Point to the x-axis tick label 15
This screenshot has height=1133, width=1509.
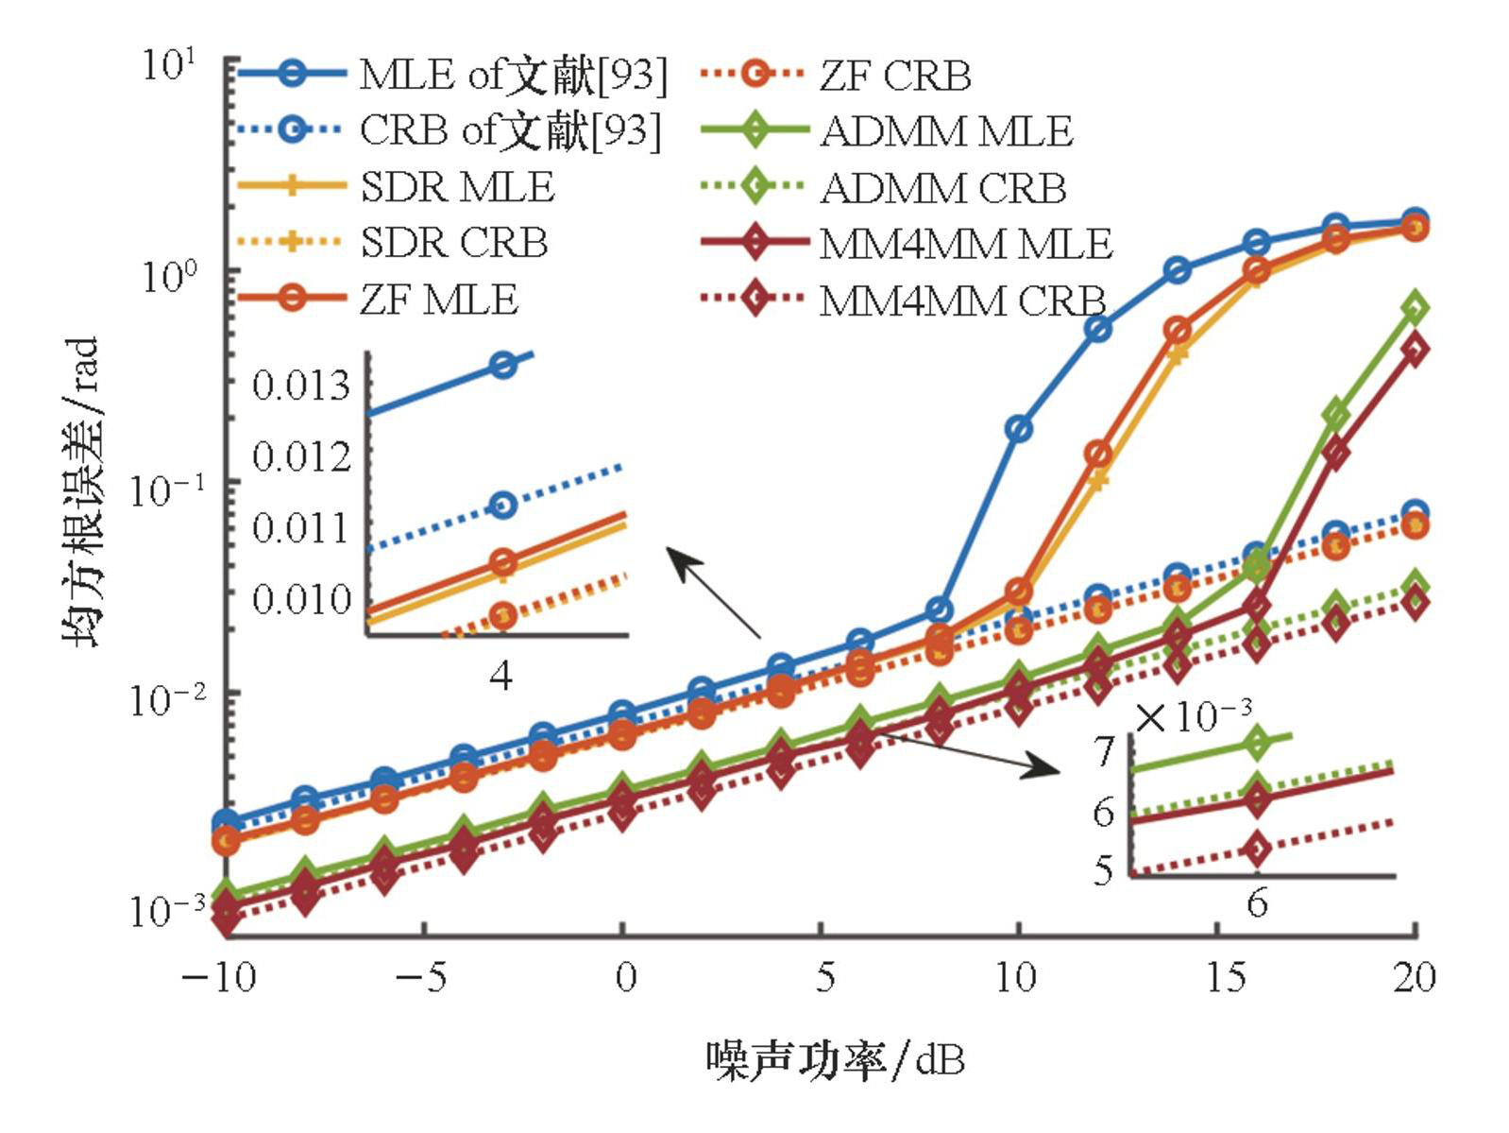click(1225, 977)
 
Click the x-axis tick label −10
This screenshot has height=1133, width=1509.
click(218, 977)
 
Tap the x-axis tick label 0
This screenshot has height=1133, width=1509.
click(625, 977)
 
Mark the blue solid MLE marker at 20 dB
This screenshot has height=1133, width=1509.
click(1415, 220)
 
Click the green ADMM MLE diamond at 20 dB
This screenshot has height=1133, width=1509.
click(1415, 307)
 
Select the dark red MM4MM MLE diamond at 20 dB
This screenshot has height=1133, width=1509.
click(1415, 350)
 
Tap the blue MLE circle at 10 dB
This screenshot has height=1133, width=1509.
click(1018, 429)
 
